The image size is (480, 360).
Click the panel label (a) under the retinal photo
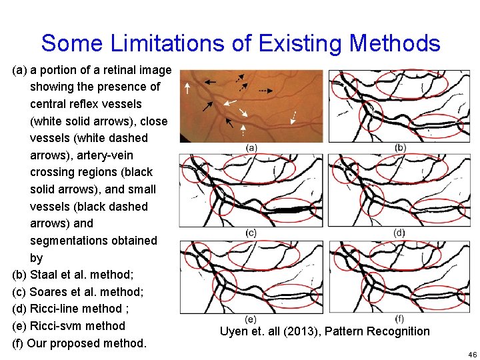tap(251, 147)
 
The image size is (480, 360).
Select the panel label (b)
tap(400, 147)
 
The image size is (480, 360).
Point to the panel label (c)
tap(251, 233)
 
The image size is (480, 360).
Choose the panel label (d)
tap(399, 233)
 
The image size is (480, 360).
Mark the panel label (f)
tap(399, 319)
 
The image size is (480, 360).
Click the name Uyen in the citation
tap(234, 331)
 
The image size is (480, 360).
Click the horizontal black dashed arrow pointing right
tap(266, 89)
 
